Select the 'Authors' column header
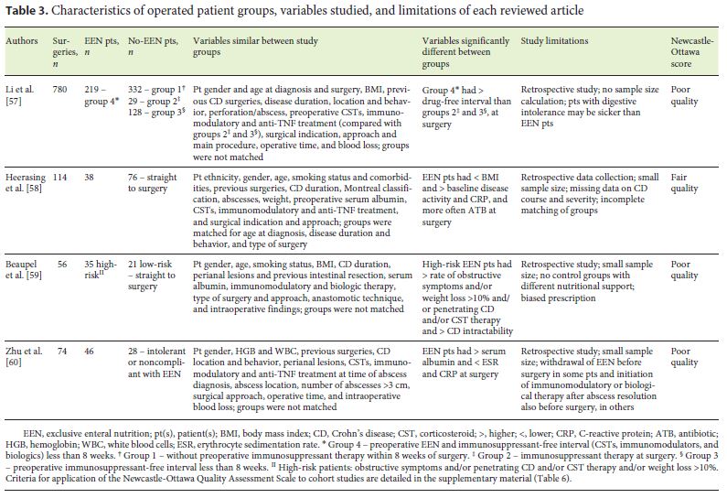pyautogui.click(x=23, y=42)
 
